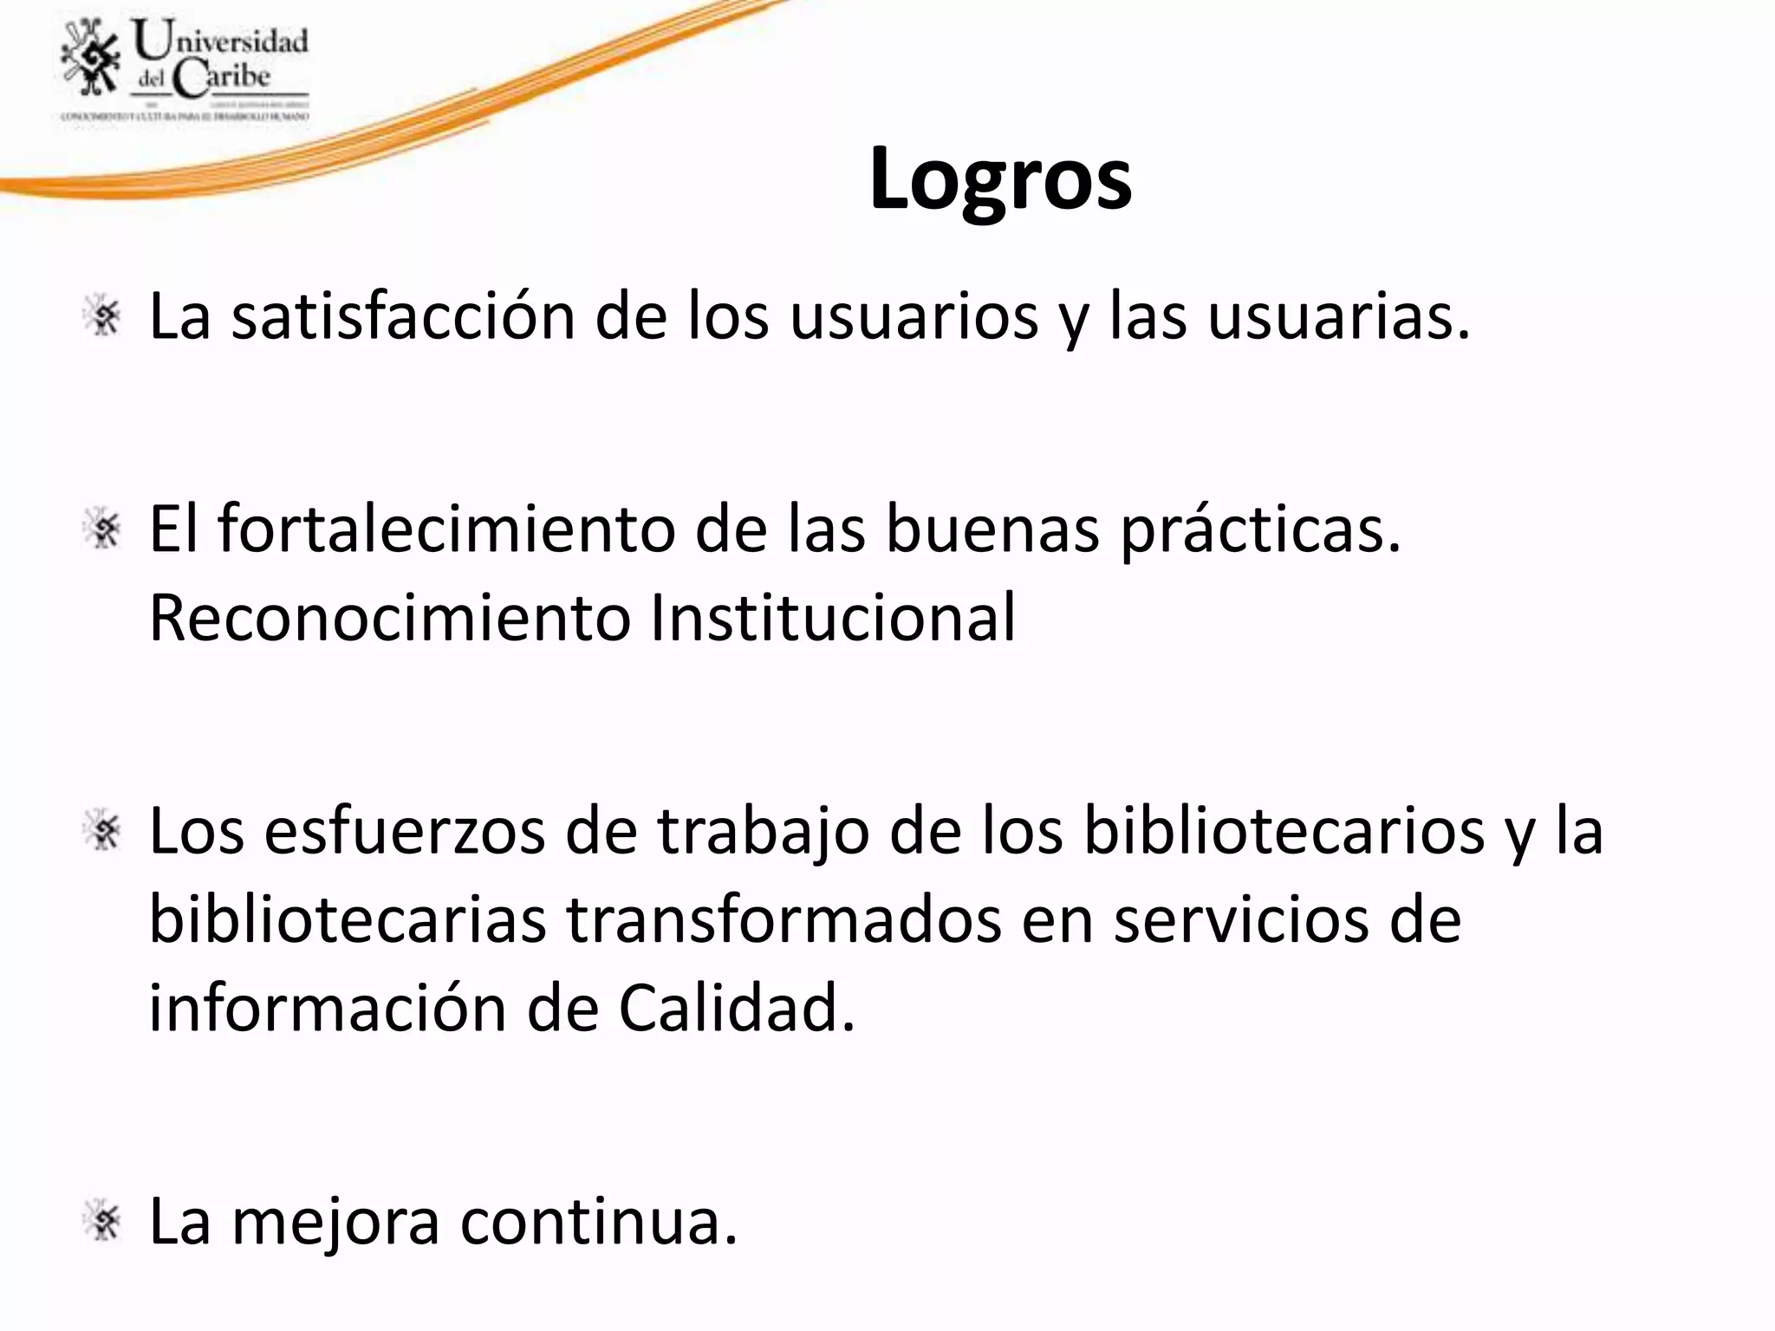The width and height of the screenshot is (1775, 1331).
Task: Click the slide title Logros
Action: [1000, 179]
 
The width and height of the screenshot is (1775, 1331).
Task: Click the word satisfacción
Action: [403, 317]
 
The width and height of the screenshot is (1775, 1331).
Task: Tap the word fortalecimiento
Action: [445, 529]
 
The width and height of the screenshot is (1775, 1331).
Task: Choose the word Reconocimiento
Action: [389, 618]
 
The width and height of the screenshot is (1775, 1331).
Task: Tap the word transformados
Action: [783, 920]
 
